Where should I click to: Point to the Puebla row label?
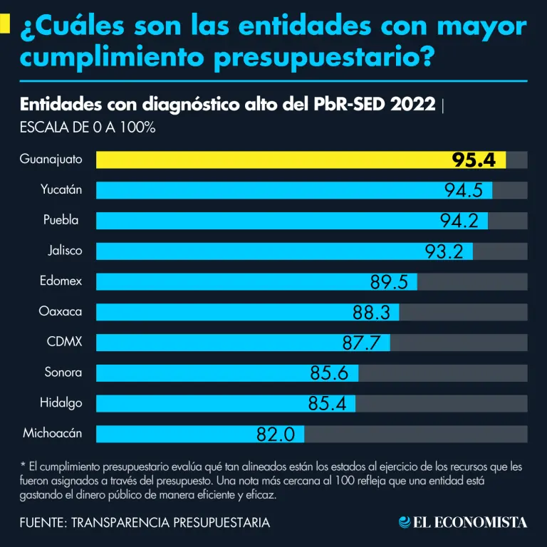(61, 220)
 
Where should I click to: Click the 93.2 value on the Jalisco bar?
(444, 251)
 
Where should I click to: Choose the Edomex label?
(61, 281)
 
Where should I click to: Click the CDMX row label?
(64, 342)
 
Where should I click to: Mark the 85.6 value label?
(329, 373)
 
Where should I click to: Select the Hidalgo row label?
(61, 402)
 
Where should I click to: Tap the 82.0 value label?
(276, 434)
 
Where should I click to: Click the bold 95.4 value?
(474, 160)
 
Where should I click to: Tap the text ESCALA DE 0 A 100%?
(88, 128)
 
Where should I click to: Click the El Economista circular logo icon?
(405, 523)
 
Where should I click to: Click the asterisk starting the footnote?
(23, 466)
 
